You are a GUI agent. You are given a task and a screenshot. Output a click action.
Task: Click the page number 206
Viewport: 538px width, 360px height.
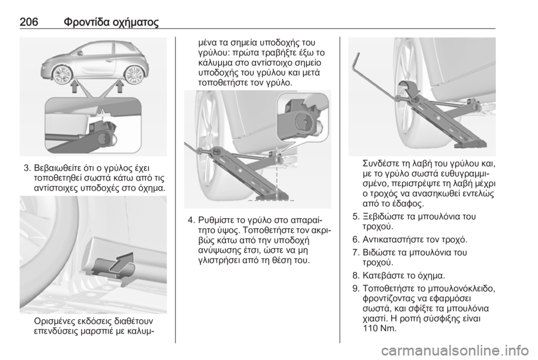click(29, 22)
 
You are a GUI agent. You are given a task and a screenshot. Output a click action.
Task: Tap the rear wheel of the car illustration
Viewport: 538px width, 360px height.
click(133, 74)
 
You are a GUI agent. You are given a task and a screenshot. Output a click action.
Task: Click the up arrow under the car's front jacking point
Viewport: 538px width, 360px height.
click(75, 87)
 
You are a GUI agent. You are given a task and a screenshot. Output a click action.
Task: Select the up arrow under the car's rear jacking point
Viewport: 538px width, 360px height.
click(119, 87)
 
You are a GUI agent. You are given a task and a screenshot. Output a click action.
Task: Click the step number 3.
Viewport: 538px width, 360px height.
click(27, 168)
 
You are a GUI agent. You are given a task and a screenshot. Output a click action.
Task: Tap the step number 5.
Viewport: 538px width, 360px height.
click(355, 216)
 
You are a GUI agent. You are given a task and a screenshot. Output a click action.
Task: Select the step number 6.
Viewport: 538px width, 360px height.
click(355, 239)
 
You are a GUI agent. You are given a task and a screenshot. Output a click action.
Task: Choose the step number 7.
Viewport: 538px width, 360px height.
click(355, 253)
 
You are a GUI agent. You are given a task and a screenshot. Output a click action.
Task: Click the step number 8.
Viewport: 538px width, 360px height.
click(355, 275)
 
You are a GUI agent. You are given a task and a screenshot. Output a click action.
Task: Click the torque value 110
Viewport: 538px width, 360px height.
click(370, 329)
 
